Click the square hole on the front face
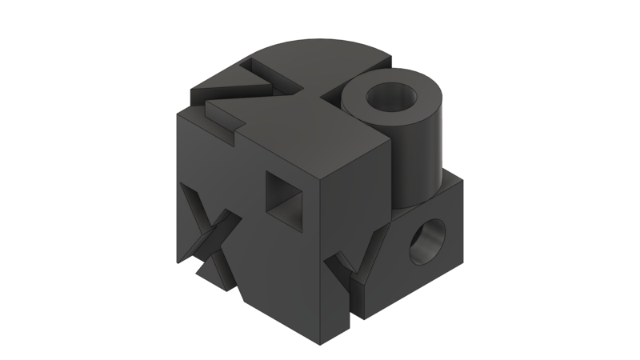click(283, 196)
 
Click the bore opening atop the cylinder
click(392, 98)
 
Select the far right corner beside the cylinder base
click(463, 179)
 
